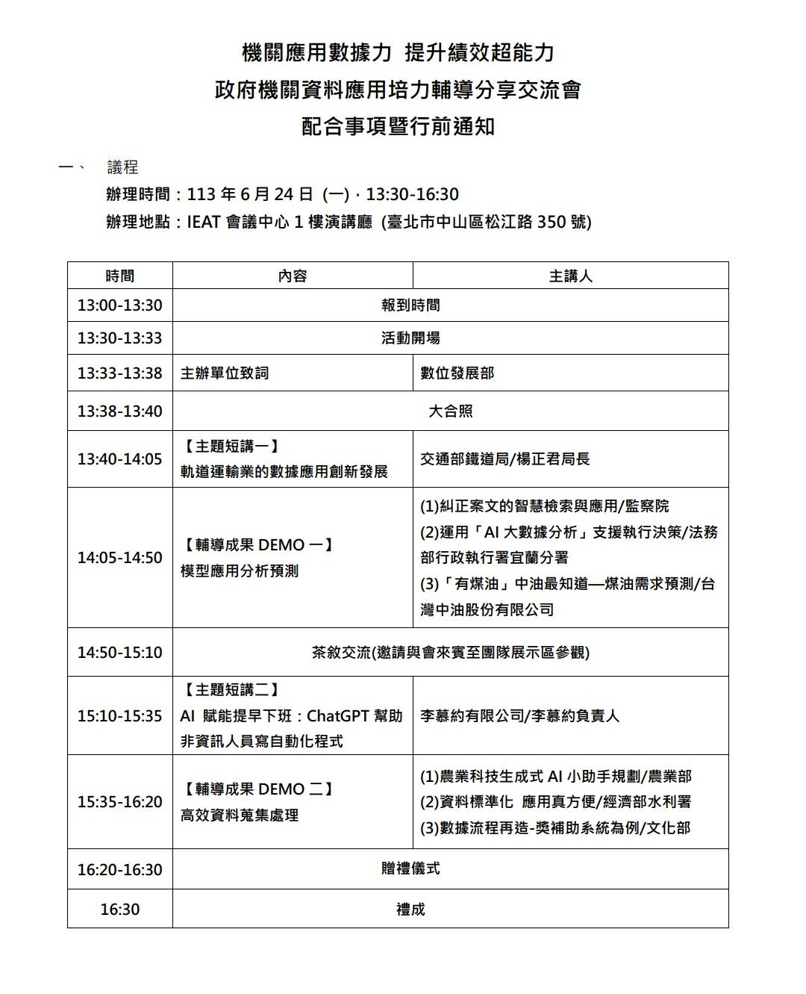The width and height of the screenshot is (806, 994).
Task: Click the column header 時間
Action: coord(119,276)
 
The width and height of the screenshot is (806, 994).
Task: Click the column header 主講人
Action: coord(570,276)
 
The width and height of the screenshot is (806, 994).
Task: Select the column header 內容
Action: coord(292,276)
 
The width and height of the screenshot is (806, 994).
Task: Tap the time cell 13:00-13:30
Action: coord(119,305)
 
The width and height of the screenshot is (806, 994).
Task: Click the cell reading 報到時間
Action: coord(410,305)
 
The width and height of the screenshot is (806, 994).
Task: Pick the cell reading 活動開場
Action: coord(410,338)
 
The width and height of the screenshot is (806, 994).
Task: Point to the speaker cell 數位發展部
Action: coord(457,373)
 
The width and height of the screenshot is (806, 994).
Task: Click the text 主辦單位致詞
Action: coord(225,373)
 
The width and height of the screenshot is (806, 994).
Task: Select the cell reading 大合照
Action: coord(450,411)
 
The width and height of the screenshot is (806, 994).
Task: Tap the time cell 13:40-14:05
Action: coord(119,459)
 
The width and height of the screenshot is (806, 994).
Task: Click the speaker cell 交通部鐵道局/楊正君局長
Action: coord(504,459)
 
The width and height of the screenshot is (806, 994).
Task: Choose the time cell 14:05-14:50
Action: coord(119,558)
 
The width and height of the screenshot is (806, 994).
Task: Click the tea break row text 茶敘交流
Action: coord(341,652)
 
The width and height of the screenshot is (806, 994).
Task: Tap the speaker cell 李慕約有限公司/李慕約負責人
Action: coord(519,716)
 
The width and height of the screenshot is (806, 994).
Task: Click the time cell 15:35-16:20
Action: coord(119,802)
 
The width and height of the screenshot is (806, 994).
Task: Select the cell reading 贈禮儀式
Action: coord(410,869)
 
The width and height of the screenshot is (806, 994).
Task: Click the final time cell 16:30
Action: coord(119,909)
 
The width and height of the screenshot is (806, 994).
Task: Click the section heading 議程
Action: coord(122,167)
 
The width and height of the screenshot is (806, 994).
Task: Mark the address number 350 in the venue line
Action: coord(551,222)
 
